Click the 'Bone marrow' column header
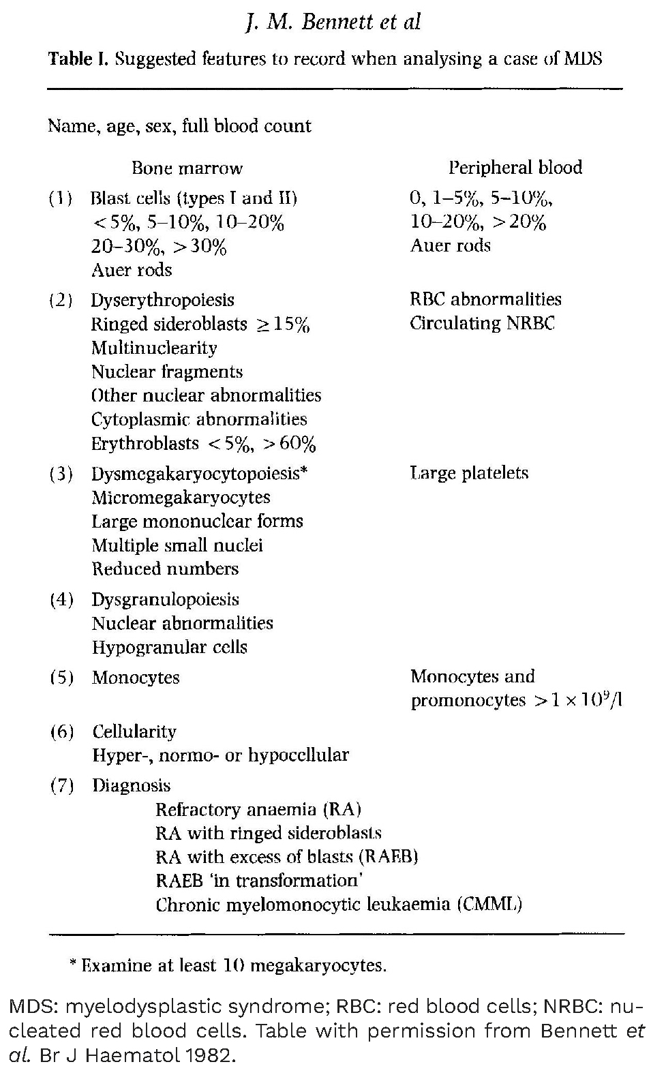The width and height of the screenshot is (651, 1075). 187,168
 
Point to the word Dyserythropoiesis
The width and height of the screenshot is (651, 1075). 162,301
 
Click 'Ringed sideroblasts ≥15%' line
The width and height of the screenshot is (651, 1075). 200,324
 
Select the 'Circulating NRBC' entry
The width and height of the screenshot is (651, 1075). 483,323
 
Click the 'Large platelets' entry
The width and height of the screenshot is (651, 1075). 469,473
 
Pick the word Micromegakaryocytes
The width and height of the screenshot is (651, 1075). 181,498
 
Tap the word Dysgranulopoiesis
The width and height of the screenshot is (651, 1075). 165,600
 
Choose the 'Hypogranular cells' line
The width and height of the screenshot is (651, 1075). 169,647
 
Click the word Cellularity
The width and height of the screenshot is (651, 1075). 134,731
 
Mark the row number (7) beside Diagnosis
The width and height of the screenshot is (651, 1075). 62,786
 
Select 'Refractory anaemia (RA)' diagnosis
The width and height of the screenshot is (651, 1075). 258,810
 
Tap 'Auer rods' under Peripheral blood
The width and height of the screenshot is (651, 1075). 450,245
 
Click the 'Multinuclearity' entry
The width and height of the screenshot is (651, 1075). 154,348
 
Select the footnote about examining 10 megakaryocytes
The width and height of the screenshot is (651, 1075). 228,965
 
